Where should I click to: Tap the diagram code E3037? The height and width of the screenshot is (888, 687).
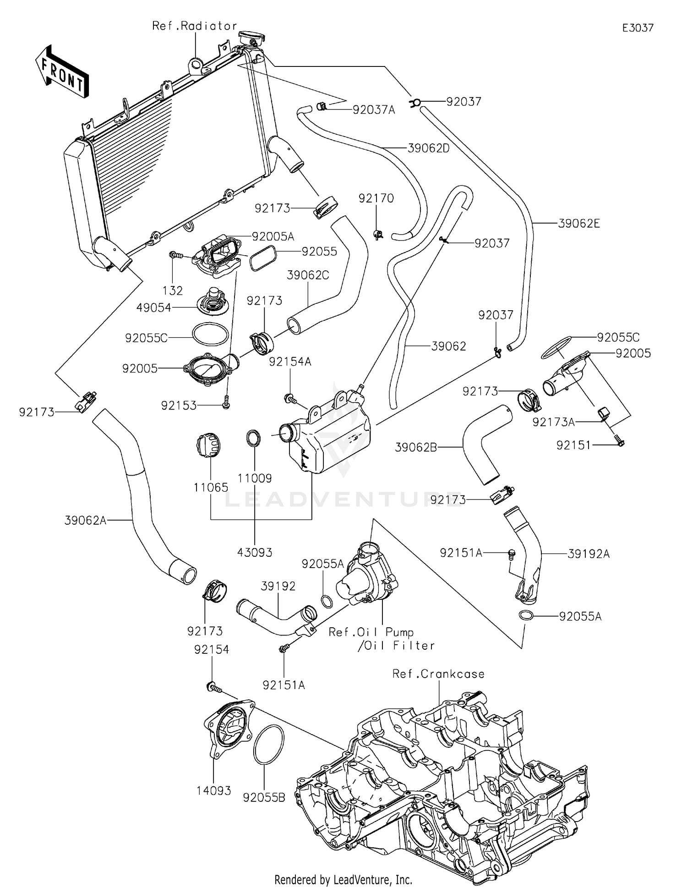tap(638, 28)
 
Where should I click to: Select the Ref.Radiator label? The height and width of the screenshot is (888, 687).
tap(195, 26)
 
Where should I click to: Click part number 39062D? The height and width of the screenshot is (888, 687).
tap(428, 148)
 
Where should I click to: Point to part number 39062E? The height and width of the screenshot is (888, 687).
tap(579, 224)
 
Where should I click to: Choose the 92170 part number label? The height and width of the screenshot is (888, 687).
tap(376, 198)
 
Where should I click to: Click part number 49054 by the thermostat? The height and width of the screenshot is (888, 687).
tap(153, 308)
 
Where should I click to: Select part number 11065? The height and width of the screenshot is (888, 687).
tap(211, 488)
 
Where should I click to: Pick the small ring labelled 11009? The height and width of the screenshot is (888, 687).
tap(254, 438)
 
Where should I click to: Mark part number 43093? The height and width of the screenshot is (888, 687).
tap(255, 553)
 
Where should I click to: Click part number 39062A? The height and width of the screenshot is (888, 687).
tap(86, 520)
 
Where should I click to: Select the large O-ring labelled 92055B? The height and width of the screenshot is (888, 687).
tap(268, 745)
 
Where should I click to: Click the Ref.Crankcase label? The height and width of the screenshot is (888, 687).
tap(438, 674)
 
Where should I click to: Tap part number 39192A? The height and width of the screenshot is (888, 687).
tap(589, 554)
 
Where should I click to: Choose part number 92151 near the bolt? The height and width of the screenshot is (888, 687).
tap(573, 445)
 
